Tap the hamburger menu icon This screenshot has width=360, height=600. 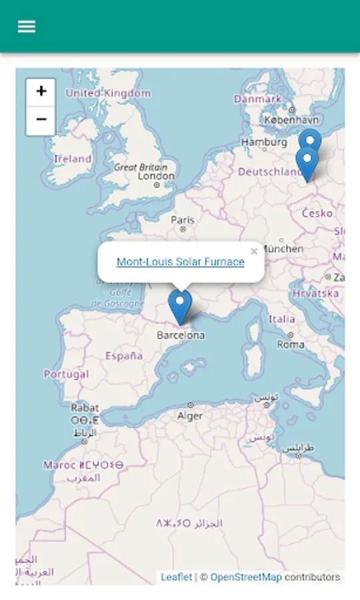[x=27, y=27]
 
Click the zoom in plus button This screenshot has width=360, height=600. [x=41, y=92]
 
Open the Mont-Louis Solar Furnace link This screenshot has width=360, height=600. [x=180, y=262]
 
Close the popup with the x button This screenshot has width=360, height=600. [x=253, y=251]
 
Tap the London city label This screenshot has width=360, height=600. [x=156, y=176]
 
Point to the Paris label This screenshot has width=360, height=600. [x=183, y=220]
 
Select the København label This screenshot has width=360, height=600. [x=291, y=120]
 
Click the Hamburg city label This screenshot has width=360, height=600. [x=264, y=142]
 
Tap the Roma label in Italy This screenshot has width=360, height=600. [x=291, y=345]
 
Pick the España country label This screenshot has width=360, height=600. [x=123, y=356]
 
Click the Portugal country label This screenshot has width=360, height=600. [x=66, y=374]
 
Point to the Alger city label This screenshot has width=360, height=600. [x=190, y=416]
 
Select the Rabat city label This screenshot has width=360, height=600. [x=85, y=407]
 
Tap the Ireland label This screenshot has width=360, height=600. [x=73, y=159]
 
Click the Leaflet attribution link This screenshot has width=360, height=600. [x=176, y=577]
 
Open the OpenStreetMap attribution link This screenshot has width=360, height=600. [x=245, y=577]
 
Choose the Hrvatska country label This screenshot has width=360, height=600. [x=315, y=293]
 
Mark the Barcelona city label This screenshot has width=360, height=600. [x=181, y=335]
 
